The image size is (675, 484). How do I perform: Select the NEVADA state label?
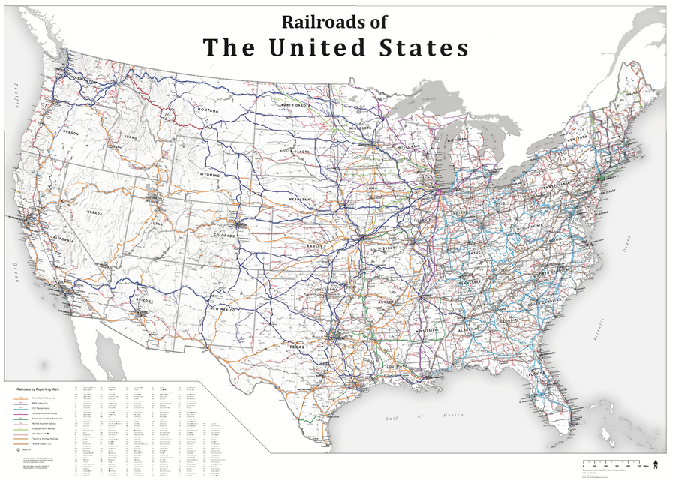tap(95, 212)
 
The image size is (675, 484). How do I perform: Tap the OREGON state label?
tap(70, 133)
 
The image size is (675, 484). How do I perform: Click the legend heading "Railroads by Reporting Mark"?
tap(39, 388)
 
